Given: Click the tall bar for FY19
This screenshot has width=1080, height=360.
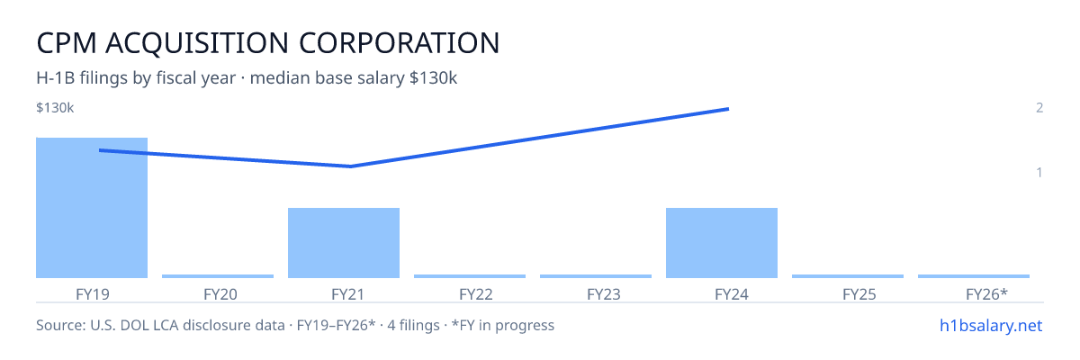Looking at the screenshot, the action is (x=92, y=208).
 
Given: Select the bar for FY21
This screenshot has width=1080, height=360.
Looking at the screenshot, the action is (x=344, y=243).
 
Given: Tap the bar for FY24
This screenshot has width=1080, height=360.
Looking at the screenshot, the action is (x=722, y=243).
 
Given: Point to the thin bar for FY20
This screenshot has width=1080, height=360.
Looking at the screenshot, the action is (x=218, y=276).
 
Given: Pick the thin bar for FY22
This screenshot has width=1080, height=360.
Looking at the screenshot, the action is (x=470, y=276).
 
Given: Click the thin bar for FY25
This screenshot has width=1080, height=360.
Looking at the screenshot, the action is (x=848, y=276).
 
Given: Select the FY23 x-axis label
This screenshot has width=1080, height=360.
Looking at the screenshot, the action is (x=604, y=294).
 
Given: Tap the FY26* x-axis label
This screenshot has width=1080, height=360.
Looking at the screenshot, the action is (x=986, y=294).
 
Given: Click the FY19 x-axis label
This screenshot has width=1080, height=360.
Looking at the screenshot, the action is (x=93, y=294).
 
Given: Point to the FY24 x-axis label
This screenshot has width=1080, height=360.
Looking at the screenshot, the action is (x=732, y=294).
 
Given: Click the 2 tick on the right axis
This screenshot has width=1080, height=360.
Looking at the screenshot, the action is (x=1039, y=107).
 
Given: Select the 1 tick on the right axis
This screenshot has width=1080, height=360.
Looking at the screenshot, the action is (x=1039, y=172).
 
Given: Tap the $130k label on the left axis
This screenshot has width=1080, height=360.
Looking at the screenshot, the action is (x=55, y=108).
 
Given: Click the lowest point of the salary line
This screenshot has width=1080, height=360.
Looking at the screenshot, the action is (x=350, y=166).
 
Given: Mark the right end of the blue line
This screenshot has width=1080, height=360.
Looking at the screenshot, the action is (x=728, y=109).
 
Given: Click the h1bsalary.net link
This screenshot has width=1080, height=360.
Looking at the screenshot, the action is (x=991, y=325).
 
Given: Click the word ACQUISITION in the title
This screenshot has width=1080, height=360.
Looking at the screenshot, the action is (x=197, y=43).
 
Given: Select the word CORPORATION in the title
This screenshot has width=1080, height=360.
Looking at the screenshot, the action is (x=400, y=43).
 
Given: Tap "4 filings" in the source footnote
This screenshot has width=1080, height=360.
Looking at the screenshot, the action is (x=413, y=325).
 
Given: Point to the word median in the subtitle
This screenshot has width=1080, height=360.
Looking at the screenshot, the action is (x=280, y=77).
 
